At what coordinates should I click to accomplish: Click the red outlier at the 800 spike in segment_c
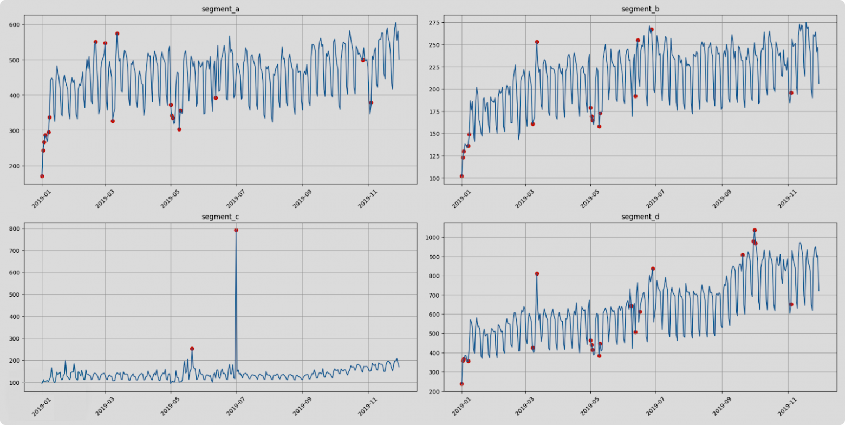[236, 230]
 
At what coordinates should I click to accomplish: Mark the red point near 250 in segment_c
[192, 349]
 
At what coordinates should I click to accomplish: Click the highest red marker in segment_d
[755, 230]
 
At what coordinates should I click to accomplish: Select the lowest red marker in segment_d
[461, 384]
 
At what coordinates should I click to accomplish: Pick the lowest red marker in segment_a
[42, 176]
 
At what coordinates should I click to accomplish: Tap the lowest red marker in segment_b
[461, 176]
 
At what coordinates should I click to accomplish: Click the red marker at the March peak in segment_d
[537, 273]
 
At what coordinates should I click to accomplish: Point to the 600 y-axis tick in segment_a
[14, 24]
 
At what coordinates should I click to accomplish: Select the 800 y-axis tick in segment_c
[14, 228]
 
